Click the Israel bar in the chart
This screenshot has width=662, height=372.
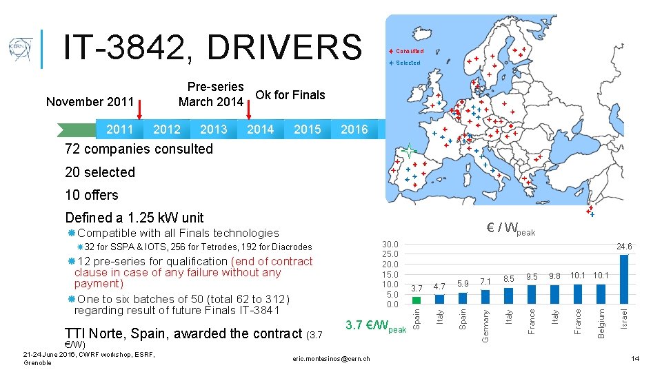[624, 279]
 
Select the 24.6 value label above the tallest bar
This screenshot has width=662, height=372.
[624, 247]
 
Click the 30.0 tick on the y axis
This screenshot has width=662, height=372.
[390, 244]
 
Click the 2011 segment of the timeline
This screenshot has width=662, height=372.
[120, 130]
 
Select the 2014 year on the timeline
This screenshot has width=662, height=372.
[260, 130]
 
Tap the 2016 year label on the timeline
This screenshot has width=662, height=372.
[354, 130]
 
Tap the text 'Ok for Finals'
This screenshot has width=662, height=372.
[290, 95]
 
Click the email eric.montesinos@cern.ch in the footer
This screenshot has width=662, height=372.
[331, 358]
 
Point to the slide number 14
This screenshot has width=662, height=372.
[635, 358]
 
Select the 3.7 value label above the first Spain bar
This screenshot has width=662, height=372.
[417, 288]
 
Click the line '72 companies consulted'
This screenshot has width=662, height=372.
[139, 149]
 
